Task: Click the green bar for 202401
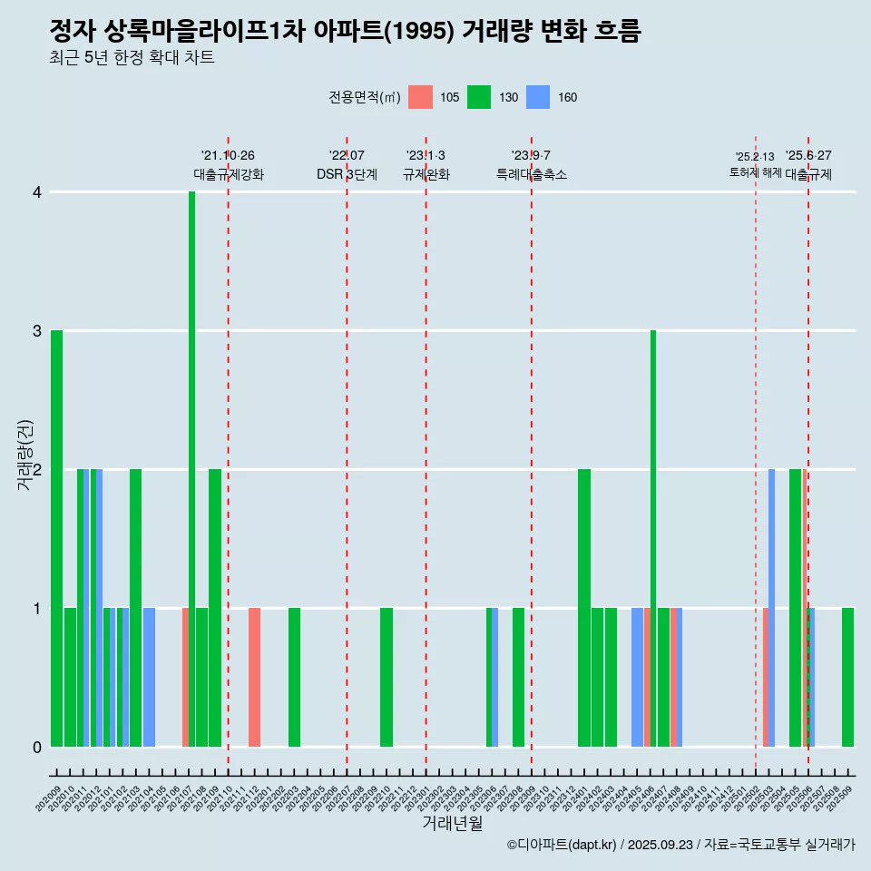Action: click(x=584, y=608)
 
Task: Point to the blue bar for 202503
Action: click(x=771, y=608)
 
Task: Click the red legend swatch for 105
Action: click(x=420, y=97)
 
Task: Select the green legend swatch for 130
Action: click(x=479, y=97)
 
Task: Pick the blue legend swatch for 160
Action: click(x=538, y=97)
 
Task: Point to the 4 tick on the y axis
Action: click(x=36, y=192)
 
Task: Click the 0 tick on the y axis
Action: click(x=36, y=747)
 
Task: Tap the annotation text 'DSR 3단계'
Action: click(x=347, y=174)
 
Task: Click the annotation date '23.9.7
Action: click(x=531, y=156)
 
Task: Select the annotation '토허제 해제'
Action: click(x=755, y=171)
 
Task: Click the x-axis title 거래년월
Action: click(x=452, y=823)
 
